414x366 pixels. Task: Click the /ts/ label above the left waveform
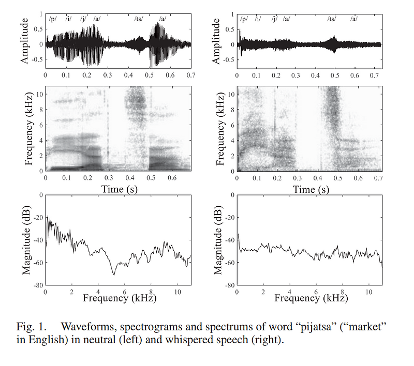point(139,19)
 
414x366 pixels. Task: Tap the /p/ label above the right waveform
point(244,19)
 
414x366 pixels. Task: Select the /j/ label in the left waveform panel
point(83,19)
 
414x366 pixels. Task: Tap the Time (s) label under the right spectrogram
point(310,189)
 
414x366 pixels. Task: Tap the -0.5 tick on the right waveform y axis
point(228,60)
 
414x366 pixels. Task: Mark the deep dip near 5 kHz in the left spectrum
point(113,273)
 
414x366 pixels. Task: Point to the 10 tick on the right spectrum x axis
point(368,292)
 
